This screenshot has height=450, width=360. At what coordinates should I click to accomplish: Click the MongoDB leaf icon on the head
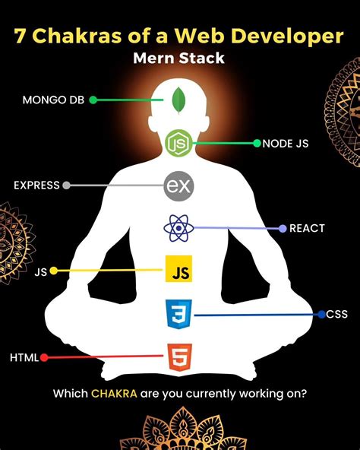(x=180, y=99)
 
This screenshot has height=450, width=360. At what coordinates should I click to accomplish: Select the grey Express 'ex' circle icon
(x=178, y=185)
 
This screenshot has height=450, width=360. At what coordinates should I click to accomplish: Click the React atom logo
(x=178, y=227)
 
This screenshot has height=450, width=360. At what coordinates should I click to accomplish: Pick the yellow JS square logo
(x=179, y=270)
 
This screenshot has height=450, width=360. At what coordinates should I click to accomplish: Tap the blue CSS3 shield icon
(x=179, y=313)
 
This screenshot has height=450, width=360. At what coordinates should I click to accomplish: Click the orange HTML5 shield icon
(x=179, y=357)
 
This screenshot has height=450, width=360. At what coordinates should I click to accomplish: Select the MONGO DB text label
(x=53, y=100)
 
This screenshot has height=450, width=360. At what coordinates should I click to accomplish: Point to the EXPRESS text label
(x=36, y=185)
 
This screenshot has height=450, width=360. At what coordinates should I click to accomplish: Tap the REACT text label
(x=307, y=228)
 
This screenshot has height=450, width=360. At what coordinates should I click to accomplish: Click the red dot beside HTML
(x=44, y=357)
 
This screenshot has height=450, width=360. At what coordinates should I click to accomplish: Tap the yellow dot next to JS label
(x=53, y=270)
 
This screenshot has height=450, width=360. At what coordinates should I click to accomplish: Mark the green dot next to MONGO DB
(x=93, y=100)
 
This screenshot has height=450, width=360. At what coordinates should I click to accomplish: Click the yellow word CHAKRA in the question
(x=114, y=394)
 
